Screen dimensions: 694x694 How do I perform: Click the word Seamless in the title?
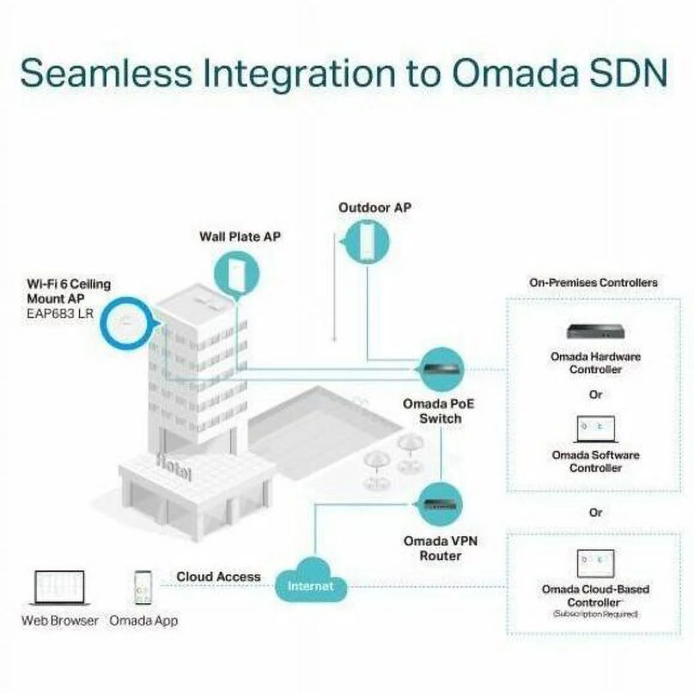(x=106, y=73)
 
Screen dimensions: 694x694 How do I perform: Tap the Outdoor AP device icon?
(x=366, y=242)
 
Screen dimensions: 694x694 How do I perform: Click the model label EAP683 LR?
(x=60, y=312)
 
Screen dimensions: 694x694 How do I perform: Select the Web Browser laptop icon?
(x=59, y=588)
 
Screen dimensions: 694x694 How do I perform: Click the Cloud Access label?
(x=218, y=577)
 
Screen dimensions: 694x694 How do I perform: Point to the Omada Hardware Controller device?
(x=595, y=332)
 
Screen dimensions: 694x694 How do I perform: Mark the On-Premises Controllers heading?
(x=593, y=282)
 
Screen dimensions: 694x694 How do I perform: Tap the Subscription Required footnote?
(x=595, y=614)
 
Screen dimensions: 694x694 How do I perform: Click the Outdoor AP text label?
(x=375, y=208)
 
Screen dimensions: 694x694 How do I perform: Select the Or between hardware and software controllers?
(x=595, y=395)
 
